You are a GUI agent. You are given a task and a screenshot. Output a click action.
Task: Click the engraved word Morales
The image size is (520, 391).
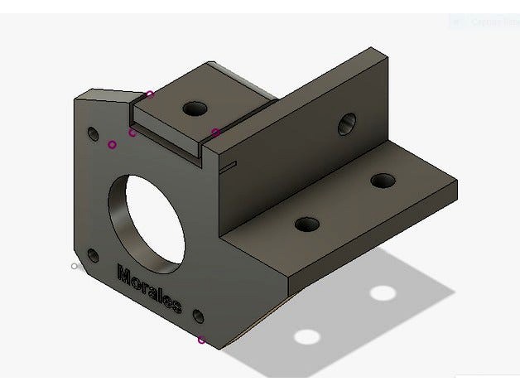tap(149, 289)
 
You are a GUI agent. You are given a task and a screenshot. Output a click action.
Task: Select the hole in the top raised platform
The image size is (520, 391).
tap(195, 109)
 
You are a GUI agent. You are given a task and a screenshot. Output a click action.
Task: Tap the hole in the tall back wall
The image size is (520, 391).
tap(346, 125)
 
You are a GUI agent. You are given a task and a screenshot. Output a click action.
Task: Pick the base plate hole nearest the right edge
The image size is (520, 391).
tap(383, 180)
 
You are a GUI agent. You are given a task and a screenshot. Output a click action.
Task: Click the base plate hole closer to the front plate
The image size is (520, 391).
tap(307, 224)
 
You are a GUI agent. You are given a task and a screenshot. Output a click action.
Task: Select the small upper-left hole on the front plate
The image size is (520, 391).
tap(92, 132)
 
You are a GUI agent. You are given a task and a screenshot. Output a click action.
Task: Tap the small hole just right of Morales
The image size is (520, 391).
tap(198, 315)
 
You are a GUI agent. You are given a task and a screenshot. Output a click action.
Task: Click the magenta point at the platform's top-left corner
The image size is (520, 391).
tap(149, 94)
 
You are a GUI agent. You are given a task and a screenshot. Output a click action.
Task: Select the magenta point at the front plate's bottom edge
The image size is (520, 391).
tap(201, 339)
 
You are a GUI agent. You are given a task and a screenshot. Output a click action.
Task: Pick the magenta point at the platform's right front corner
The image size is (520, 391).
tap(215, 132)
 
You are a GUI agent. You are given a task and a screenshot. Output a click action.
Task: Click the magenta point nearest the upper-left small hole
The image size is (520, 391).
tap(112, 144)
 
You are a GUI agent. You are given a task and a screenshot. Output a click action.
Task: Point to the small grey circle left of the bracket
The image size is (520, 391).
tap(75, 266)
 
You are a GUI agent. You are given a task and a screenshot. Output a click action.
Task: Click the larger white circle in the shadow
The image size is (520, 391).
tap(308, 336)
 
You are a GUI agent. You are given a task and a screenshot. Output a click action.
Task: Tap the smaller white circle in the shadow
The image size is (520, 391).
tap(382, 292)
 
